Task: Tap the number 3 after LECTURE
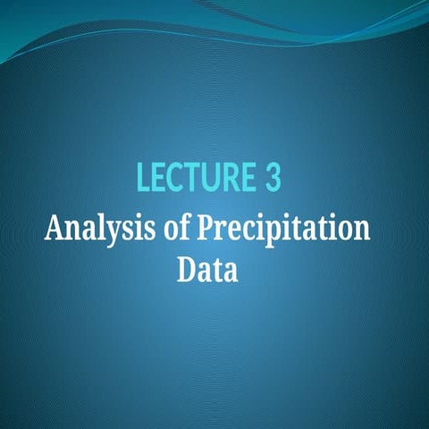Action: (x=273, y=178)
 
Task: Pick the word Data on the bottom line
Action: (x=207, y=268)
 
